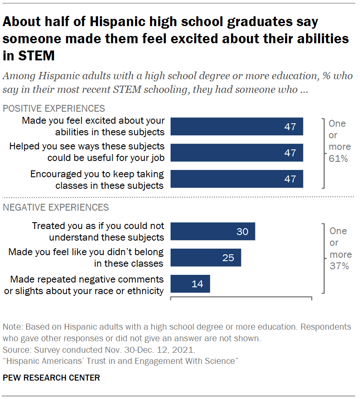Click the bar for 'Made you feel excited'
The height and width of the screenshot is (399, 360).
coord(237,127)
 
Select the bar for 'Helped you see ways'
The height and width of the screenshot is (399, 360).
coord(237,153)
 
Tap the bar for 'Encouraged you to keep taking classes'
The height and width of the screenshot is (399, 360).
coord(237,179)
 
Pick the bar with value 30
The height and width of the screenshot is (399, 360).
coord(213,231)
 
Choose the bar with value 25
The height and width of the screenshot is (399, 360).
coord(206,257)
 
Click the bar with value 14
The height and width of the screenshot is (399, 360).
coord(190,283)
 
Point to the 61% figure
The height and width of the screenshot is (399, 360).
coord(338,159)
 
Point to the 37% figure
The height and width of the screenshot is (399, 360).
coord(338,266)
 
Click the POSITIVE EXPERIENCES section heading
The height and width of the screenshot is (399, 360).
coord(54,108)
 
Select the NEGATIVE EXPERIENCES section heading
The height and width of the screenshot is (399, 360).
coord(56,208)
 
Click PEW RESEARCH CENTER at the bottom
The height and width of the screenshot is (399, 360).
coord(51,378)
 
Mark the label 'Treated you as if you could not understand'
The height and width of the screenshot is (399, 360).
coord(99,231)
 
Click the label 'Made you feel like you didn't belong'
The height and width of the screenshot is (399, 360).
coord(86,257)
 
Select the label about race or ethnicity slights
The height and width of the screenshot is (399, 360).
coord(87,285)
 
